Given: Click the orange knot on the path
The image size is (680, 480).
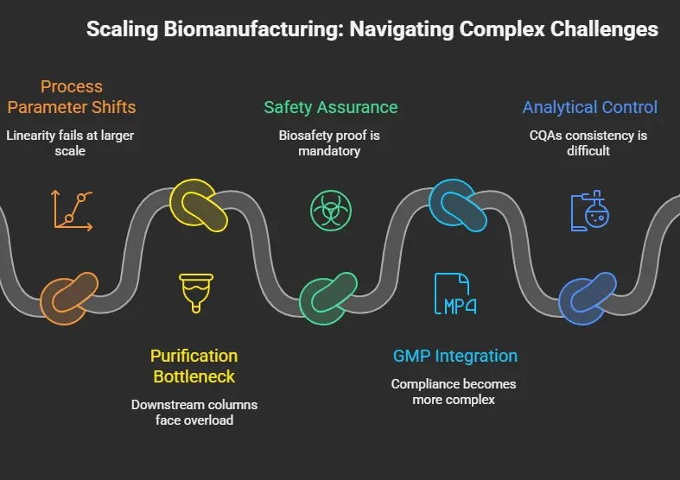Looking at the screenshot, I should click(69, 298).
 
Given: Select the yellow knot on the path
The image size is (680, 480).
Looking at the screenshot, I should click(199, 205).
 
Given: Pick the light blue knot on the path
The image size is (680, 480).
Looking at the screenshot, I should click(458, 205).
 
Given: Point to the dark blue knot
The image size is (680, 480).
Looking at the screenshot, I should click(588, 298).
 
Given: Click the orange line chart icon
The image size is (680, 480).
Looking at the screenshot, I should click(73, 208).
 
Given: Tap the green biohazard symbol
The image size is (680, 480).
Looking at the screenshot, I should click(330, 210).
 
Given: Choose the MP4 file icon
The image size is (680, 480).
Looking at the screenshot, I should click(455, 294).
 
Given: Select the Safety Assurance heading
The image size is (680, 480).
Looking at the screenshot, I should click(331, 107).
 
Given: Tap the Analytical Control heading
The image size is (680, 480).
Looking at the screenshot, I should click(590, 107).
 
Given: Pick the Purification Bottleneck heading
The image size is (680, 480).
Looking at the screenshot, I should click(194, 366).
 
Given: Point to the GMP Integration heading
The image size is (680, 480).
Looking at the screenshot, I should click(455, 356).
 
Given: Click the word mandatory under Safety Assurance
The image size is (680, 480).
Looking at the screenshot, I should click(329, 150).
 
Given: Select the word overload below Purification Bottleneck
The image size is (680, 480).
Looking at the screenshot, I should click(207, 420).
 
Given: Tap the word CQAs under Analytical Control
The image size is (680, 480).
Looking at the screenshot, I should click(547, 135).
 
